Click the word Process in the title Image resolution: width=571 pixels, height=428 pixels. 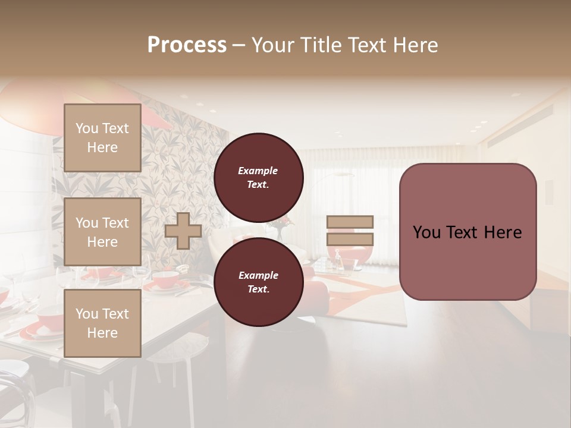[x=187, y=45]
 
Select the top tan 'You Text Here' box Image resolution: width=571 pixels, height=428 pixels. [x=102, y=138]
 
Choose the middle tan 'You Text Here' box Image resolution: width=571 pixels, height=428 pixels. [x=102, y=232]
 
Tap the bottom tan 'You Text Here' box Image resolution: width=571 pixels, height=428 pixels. [x=102, y=323]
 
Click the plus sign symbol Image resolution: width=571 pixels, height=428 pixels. [x=183, y=231]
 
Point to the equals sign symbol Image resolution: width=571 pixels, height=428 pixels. [x=350, y=231]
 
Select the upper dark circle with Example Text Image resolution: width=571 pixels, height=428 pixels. [x=258, y=178]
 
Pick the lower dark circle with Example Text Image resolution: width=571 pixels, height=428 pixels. [x=258, y=282]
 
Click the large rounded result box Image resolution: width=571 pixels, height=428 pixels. [x=468, y=232]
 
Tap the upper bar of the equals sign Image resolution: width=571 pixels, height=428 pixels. [x=350, y=222]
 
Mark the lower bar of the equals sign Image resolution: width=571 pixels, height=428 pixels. [x=350, y=240]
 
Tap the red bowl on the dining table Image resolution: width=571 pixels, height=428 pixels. [x=167, y=278]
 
